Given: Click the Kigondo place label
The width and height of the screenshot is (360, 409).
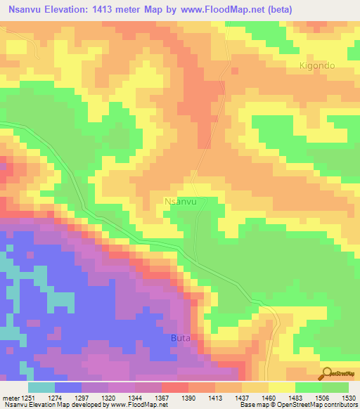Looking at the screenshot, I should pyautogui.click(x=316, y=65).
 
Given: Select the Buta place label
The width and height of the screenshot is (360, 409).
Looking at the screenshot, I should pyautogui.click(x=181, y=338).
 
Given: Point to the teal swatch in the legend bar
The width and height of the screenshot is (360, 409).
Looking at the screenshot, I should pyautogui.click(x=41, y=387).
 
